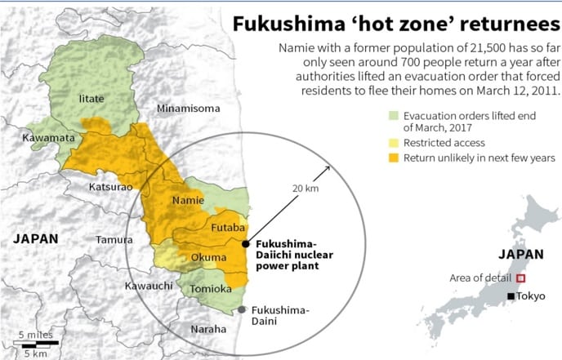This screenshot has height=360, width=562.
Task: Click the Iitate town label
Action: coord(91,99)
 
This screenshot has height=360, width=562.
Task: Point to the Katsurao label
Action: coord(109,187)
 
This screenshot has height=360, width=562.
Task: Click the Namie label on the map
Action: coord(188,200)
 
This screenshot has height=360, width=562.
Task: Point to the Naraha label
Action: coord(208,328)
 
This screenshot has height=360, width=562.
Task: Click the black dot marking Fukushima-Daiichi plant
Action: coord(246,243)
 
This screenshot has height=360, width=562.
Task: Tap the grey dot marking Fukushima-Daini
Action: coord(243,309)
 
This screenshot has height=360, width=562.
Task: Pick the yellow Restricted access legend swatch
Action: coord(394,142)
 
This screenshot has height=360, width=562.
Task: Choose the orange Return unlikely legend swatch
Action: coord(394,157)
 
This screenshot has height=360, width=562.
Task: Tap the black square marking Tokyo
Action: coord(511,296)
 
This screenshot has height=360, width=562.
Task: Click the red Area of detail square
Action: coord(520,278)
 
